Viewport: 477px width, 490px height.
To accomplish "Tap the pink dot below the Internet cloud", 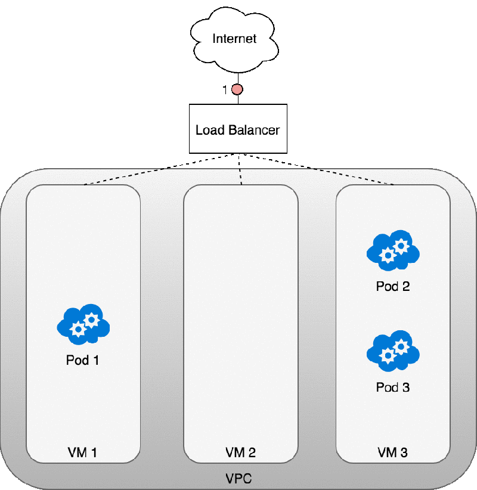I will coord(237,90).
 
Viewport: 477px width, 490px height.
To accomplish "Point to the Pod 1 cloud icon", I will coord(83,325).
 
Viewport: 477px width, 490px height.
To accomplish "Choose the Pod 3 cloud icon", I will coord(393,352).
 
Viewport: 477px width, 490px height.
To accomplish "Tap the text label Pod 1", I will coord(83,361).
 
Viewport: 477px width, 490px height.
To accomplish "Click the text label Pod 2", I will coord(393,286).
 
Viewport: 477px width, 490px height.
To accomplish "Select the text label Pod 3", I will coord(393,387).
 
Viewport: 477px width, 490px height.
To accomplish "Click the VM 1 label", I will coord(83,452).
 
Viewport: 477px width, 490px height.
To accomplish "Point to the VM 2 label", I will coord(240,452).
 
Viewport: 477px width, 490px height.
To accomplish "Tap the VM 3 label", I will coord(393,452).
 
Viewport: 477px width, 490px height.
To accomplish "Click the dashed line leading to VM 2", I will coord(240,176).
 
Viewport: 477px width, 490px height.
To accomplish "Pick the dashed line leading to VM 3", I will coord(352,177).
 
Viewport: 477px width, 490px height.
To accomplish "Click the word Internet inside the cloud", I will coord(234,39).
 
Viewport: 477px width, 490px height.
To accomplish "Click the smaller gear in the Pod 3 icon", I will coord(388,356).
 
